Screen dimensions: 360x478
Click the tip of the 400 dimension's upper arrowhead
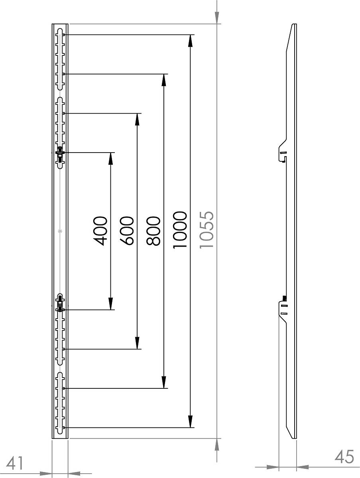click(111, 153)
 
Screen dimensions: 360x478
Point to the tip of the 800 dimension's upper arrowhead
click(164, 74)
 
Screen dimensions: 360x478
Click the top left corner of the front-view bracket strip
click(52, 24)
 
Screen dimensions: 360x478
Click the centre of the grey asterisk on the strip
click(60, 231)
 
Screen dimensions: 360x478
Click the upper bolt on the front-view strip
click(60, 155)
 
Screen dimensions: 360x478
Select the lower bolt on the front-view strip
click(60, 304)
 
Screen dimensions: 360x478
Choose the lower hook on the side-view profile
click(283, 310)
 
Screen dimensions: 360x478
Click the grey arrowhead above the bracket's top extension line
click(217, 18)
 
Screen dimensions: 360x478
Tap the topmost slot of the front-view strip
click(60, 59)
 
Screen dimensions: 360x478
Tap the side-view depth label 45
click(344, 456)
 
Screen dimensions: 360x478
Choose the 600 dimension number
click(127, 231)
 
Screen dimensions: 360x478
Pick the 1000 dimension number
click(180, 230)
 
